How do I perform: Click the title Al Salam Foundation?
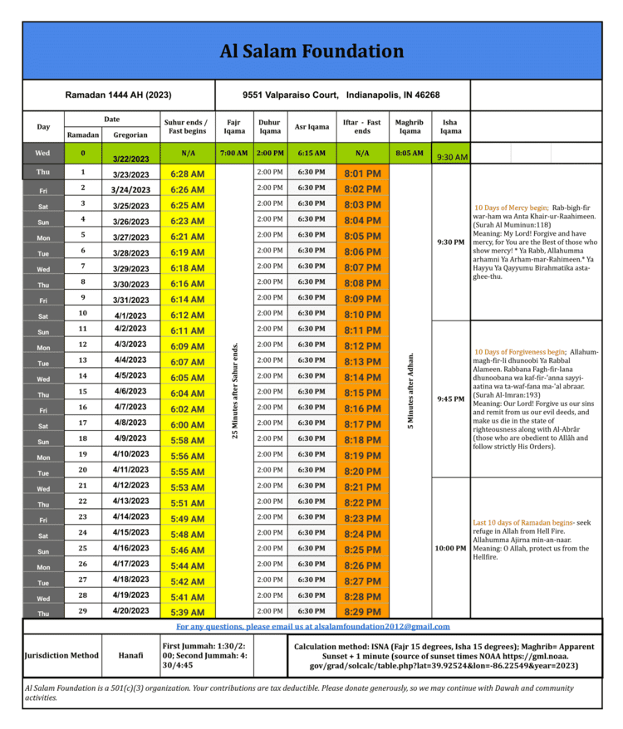(x=311, y=51)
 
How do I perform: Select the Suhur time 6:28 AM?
(x=188, y=174)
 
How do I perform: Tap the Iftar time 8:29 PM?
(x=362, y=612)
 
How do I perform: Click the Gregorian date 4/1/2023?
(x=130, y=316)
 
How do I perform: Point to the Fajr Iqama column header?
(x=233, y=126)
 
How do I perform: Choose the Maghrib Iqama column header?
(x=409, y=126)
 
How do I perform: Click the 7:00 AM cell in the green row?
(x=233, y=154)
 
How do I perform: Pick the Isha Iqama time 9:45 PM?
(x=450, y=399)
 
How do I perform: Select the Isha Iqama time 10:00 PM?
(x=450, y=548)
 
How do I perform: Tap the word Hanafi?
(x=132, y=656)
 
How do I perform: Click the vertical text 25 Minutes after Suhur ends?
(x=235, y=390)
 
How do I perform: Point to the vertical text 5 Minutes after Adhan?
(x=410, y=390)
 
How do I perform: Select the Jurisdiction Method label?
(x=61, y=656)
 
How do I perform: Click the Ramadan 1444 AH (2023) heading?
(x=118, y=95)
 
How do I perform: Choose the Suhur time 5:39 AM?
(x=188, y=612)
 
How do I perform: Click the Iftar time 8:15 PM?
(x=362, y=393)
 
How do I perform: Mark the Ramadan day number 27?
(x=83, y=580)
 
